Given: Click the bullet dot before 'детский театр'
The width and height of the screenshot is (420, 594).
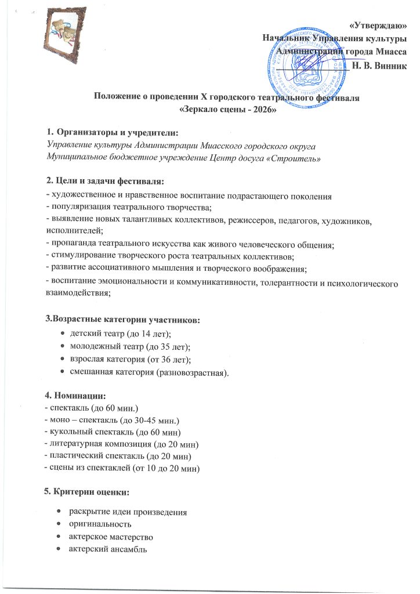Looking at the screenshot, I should point(63,335).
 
